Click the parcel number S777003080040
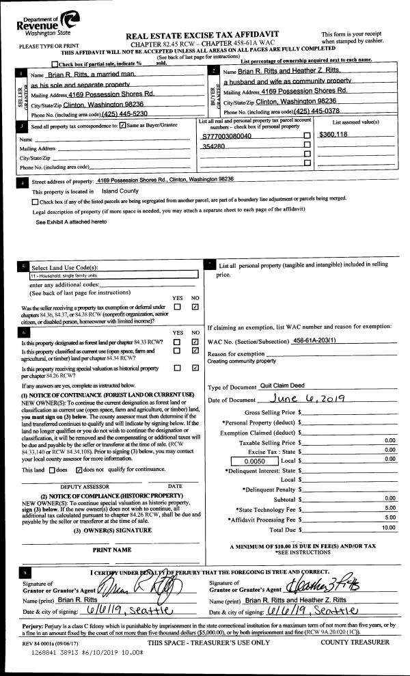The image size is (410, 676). [227, 136]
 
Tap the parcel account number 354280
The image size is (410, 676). [214, 146]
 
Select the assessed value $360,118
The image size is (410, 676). [333, 135]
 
